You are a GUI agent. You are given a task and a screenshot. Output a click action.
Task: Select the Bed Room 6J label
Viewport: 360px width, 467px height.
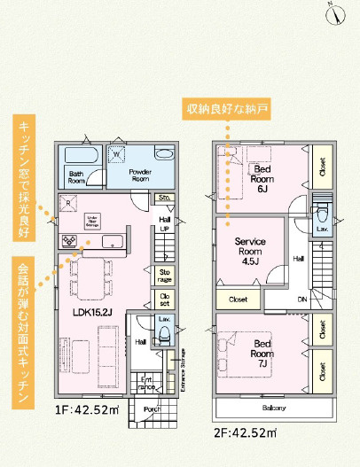262,178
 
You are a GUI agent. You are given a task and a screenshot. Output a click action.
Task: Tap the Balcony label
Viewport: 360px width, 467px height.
273,409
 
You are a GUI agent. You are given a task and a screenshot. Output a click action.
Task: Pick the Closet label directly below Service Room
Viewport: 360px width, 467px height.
238,300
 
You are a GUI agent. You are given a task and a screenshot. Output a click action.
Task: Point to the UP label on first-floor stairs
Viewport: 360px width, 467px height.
164,228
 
